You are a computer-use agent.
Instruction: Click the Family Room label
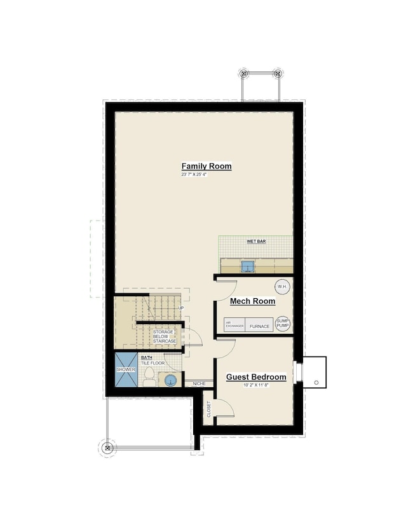[207, 167]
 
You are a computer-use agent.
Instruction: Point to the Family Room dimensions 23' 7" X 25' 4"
[194, 174]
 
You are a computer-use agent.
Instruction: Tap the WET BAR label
[256, 242]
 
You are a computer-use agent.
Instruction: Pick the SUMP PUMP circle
[282, 324]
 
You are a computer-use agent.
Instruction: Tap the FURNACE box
[259, 326]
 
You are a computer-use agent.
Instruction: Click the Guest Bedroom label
[256, 377]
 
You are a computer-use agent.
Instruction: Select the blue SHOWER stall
[126, 369]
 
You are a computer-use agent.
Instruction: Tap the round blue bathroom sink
[170, 381]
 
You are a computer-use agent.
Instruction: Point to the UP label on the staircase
[181, 308]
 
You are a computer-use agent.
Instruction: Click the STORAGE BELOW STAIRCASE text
[164, 336]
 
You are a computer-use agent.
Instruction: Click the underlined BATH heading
[147, 358]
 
